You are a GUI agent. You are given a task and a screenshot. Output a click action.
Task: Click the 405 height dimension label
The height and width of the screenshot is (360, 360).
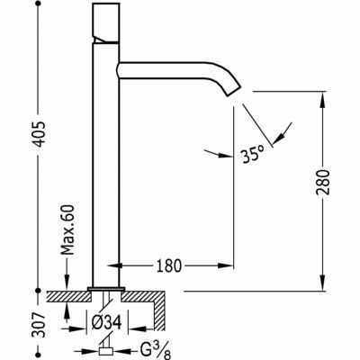coord(38,134)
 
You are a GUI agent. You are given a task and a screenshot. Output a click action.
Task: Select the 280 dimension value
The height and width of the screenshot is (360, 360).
coord(323,182)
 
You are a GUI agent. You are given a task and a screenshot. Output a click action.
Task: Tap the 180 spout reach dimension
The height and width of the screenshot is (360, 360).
coord(169,265)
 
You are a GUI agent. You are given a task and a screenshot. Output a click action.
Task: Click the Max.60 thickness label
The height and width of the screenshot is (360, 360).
coord(67,229)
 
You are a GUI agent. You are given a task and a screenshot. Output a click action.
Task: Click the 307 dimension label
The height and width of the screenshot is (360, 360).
coord(38,325)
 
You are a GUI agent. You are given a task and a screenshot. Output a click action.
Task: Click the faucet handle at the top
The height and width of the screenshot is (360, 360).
coord(106,23)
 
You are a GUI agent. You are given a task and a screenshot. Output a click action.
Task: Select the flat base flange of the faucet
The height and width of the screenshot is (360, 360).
coord(106,289)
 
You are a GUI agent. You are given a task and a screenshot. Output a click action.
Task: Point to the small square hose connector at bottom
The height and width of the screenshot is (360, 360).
coord(105,351)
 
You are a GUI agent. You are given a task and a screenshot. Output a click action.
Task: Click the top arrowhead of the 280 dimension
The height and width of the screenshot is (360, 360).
coord(323,100)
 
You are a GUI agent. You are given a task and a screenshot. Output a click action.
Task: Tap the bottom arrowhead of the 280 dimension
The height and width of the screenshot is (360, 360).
coord(323,283)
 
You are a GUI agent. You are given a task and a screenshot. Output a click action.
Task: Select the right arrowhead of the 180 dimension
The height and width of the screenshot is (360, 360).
coord(226,265)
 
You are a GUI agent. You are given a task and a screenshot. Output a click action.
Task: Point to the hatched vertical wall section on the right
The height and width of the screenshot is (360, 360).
coord(159,316)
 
